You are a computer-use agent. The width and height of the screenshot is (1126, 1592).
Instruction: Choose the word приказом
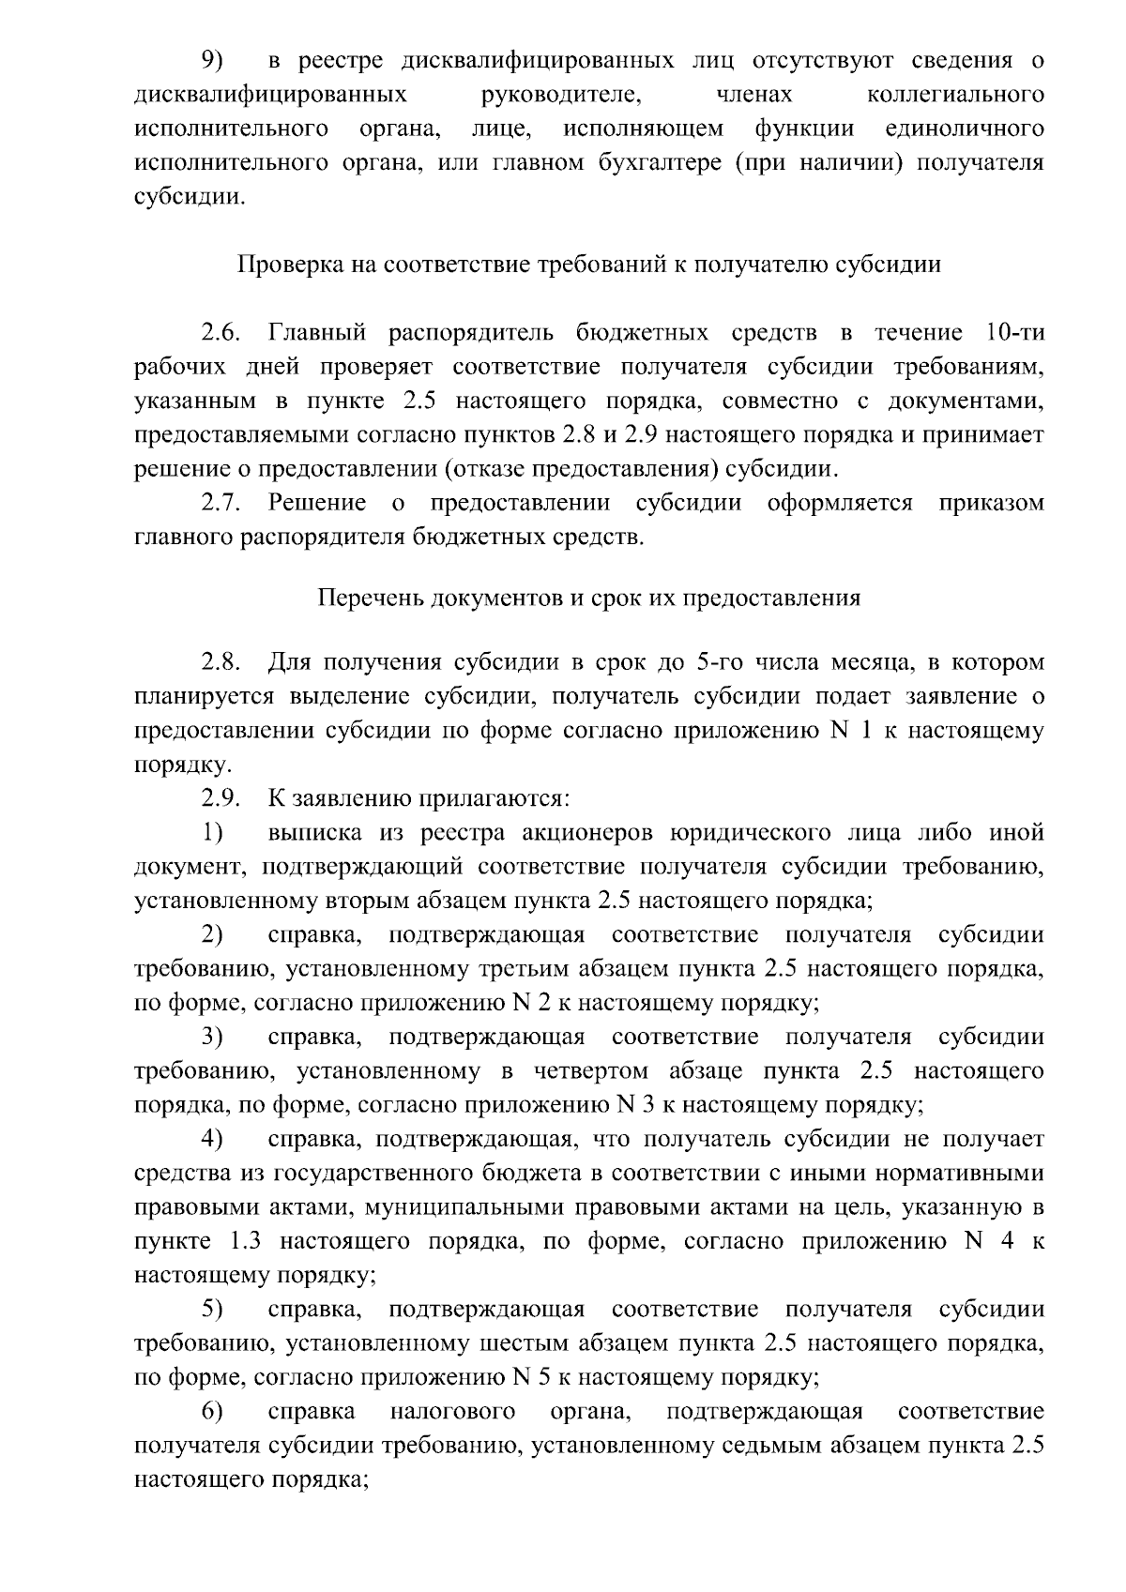click(x=991, y=503)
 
